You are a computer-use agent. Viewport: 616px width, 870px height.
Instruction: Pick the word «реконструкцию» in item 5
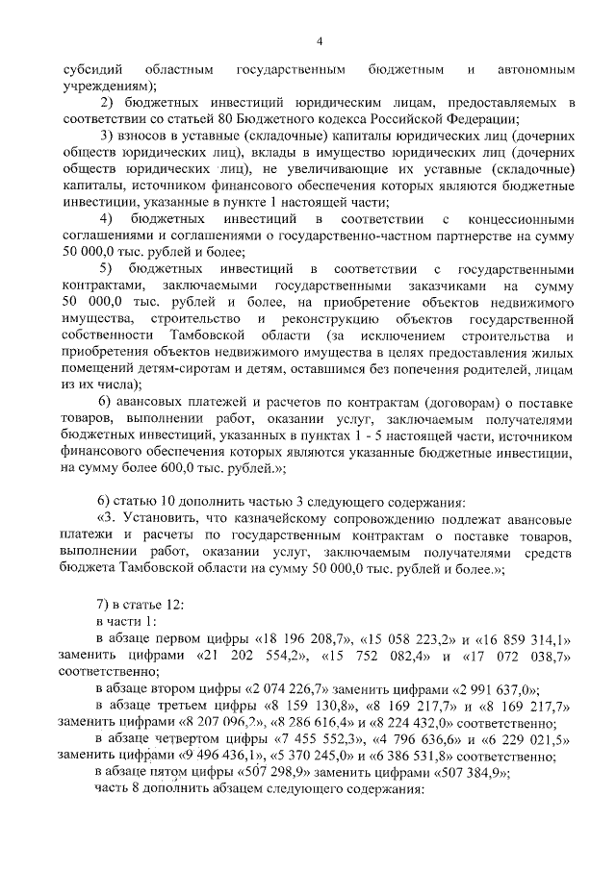pyautogui.click(x=349, y=316)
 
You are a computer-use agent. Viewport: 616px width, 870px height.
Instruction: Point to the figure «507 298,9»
pyautogui.click(x=286, y=772)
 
